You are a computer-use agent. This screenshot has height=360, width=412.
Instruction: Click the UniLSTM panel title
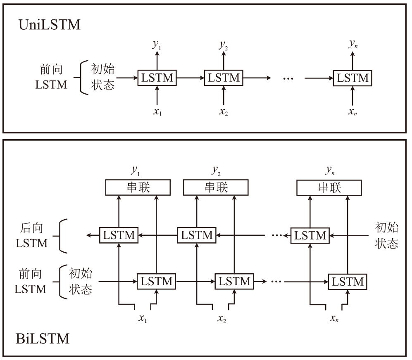tap(50, 25)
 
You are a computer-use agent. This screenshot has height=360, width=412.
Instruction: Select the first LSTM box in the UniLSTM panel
tap(157, 78)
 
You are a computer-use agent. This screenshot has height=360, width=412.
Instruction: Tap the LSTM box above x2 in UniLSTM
tap(224, 78)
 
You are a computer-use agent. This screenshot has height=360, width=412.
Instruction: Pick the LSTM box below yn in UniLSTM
tap(352, 78)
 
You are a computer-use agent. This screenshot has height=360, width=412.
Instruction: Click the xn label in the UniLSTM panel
tap(352, 112)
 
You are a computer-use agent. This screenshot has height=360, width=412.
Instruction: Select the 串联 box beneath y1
tap(138, 187)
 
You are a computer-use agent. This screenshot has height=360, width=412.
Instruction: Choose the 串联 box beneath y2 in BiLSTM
tap(216, 187)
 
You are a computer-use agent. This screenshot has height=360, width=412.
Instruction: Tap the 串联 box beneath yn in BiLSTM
tap(329, 187)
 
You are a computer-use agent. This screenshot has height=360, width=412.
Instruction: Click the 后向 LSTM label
tap(32, 236)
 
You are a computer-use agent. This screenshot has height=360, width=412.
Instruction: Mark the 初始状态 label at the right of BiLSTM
tap(387, 235)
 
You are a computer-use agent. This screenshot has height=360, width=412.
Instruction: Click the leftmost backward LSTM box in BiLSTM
tap(119, 235)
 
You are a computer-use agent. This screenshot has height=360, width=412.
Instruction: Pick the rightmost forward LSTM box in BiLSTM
tap(347, 282)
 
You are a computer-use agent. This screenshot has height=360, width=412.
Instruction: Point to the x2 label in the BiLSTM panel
tap(222, 318)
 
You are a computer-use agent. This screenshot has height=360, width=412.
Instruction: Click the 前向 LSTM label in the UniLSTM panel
tap(51, 78)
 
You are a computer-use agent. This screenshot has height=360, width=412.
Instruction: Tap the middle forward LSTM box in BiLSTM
tap(234, 282)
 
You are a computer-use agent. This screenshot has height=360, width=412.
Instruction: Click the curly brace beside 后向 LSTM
tap(63, 236)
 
